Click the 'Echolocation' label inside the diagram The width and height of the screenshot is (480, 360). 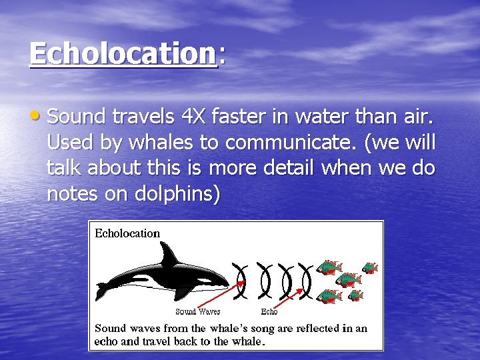(x=127, y=233)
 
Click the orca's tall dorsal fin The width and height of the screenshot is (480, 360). (x=169, y=255)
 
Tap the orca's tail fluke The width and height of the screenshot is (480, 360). (x=103, y=291)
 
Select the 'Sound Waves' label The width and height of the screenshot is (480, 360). (x=197, y=311)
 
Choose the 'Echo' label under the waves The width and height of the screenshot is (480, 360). (x=269, y=311)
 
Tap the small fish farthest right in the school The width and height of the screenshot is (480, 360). (x=369, y=268)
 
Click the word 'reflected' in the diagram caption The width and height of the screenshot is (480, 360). (x=316, y=328)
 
